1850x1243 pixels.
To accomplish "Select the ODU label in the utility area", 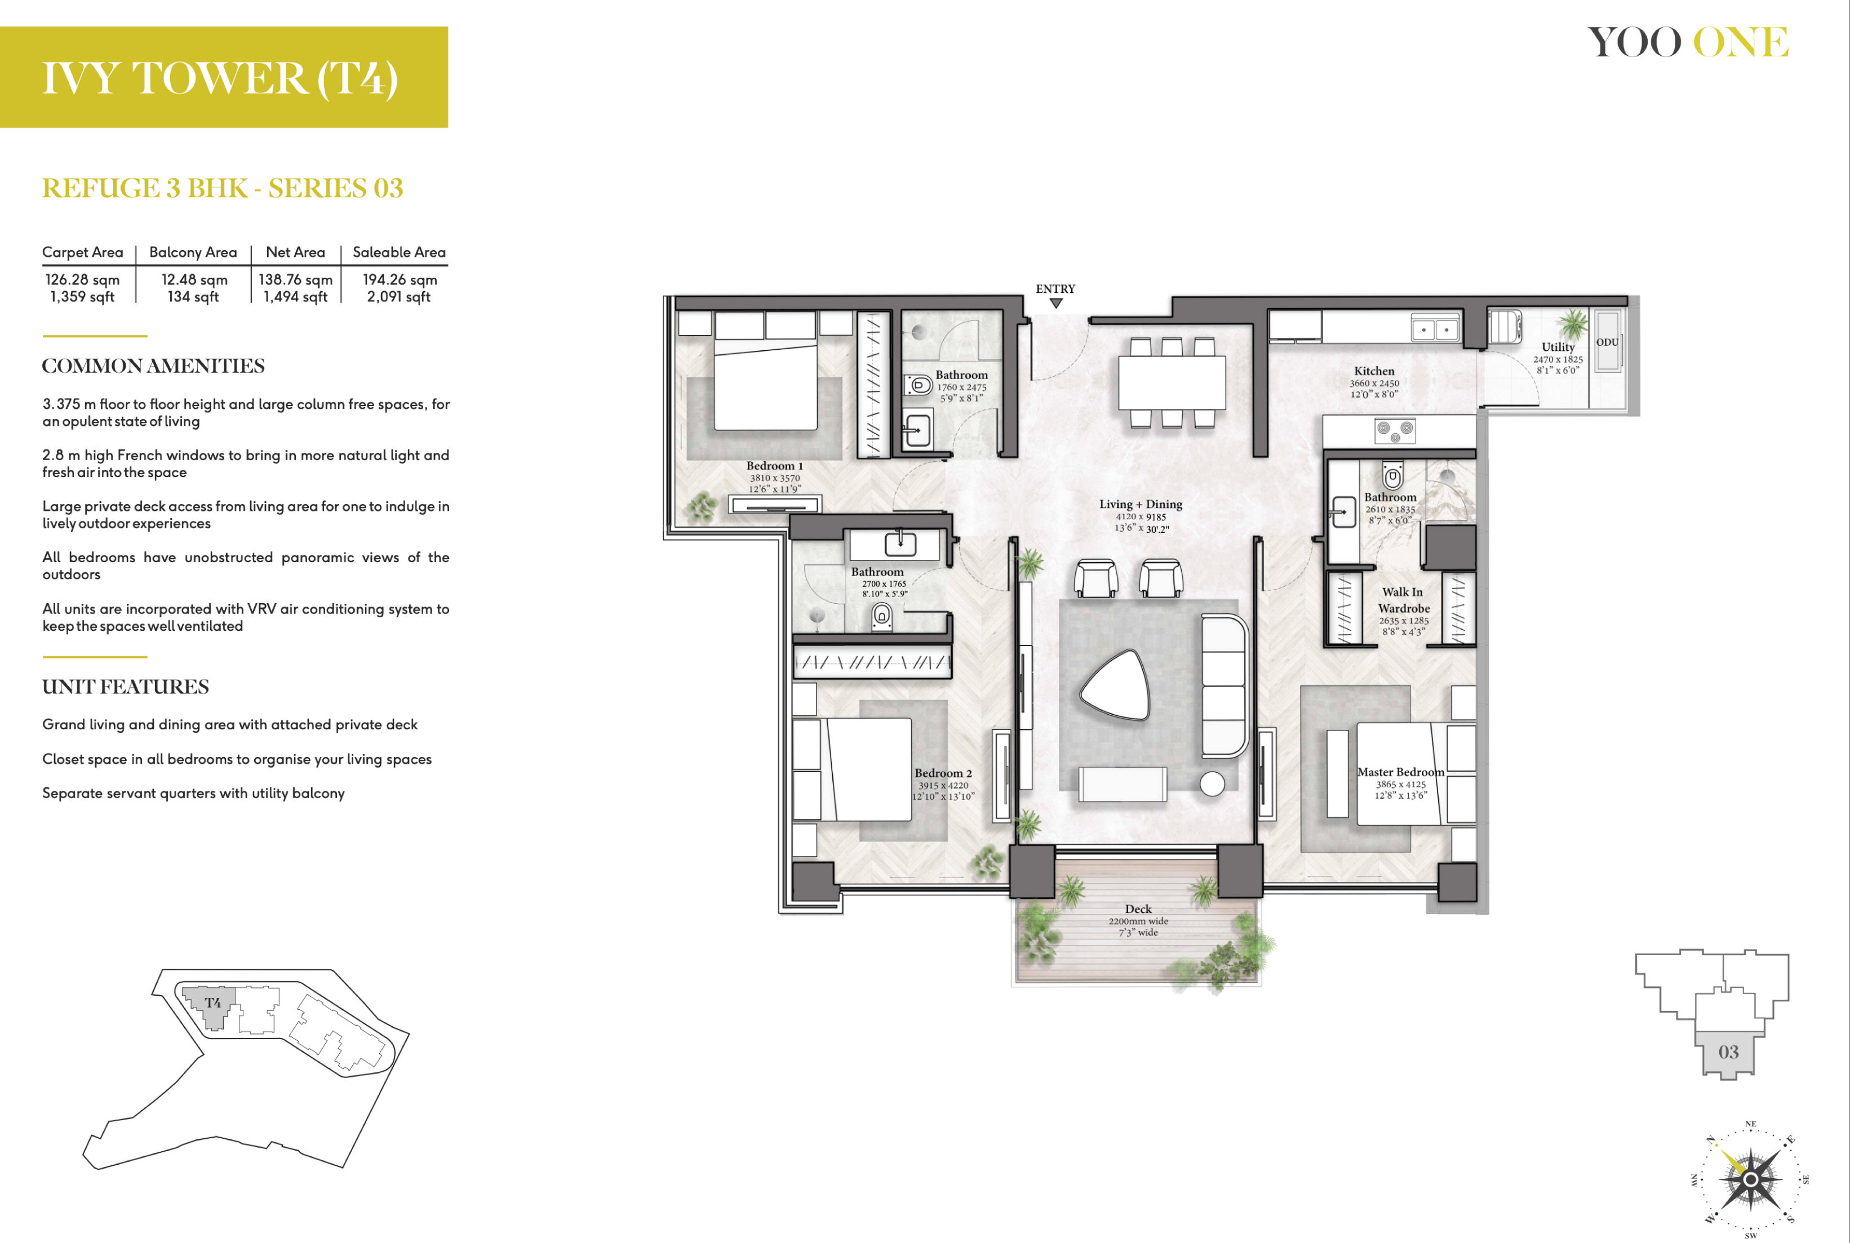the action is [1607, 342].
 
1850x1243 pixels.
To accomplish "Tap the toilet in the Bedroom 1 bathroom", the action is [919, 385].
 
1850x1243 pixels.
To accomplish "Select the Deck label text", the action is [1138, 909].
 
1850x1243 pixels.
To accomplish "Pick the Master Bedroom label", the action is [1400, 772].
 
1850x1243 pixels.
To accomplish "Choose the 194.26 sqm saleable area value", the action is [400, 280].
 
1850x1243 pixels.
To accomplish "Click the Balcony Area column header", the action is [193, 252].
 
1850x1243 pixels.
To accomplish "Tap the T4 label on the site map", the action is [212, 1003].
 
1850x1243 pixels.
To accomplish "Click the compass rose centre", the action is [1750, 1179].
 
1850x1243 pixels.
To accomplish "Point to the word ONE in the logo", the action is [1741, 42].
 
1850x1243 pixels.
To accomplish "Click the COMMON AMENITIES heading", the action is [153, 366].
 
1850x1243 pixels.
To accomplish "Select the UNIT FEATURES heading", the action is [125, 687].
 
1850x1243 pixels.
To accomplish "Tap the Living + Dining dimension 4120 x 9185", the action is [1141, 517].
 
